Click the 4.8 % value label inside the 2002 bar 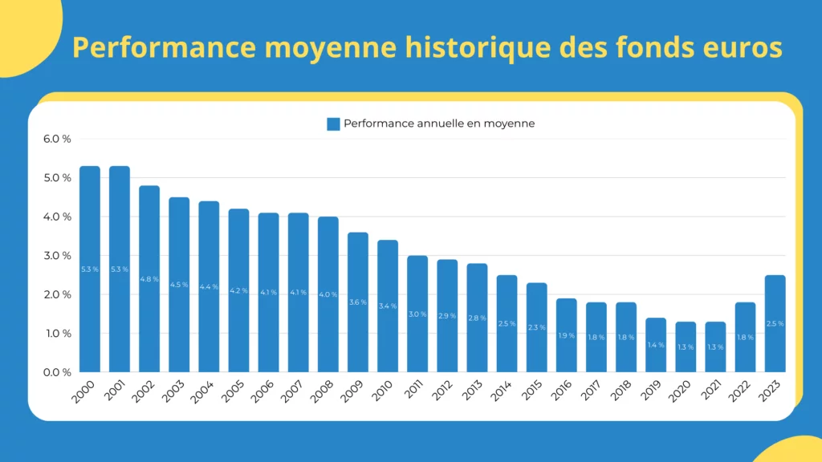[149, 279]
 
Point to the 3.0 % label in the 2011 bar [417, 314]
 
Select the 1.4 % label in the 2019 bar [656, 345]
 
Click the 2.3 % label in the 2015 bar [536, 327]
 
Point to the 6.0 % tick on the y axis [57, 139]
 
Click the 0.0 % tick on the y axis [57, 372]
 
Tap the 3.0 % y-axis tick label [57, 256]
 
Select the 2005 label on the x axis [233, 391]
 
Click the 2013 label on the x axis [471, 391]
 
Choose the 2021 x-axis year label [710, 391]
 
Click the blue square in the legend [333, 124]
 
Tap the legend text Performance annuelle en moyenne [439, 124]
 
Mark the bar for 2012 [447, 316]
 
